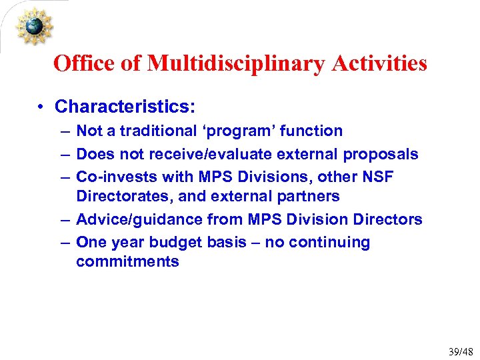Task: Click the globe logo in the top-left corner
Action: pos(34,26)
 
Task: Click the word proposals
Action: pos(381,154)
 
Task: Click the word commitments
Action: pos(127,262)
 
